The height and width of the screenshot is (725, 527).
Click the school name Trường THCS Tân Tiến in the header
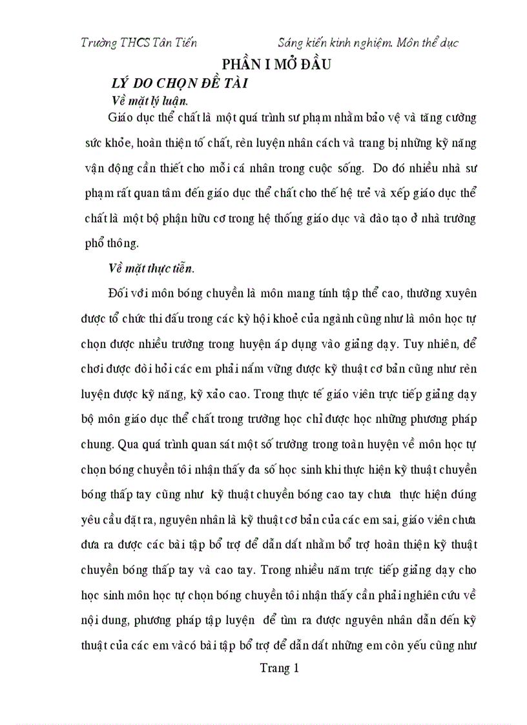tap(139, 43)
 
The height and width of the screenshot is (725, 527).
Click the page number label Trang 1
tap(280, 669)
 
